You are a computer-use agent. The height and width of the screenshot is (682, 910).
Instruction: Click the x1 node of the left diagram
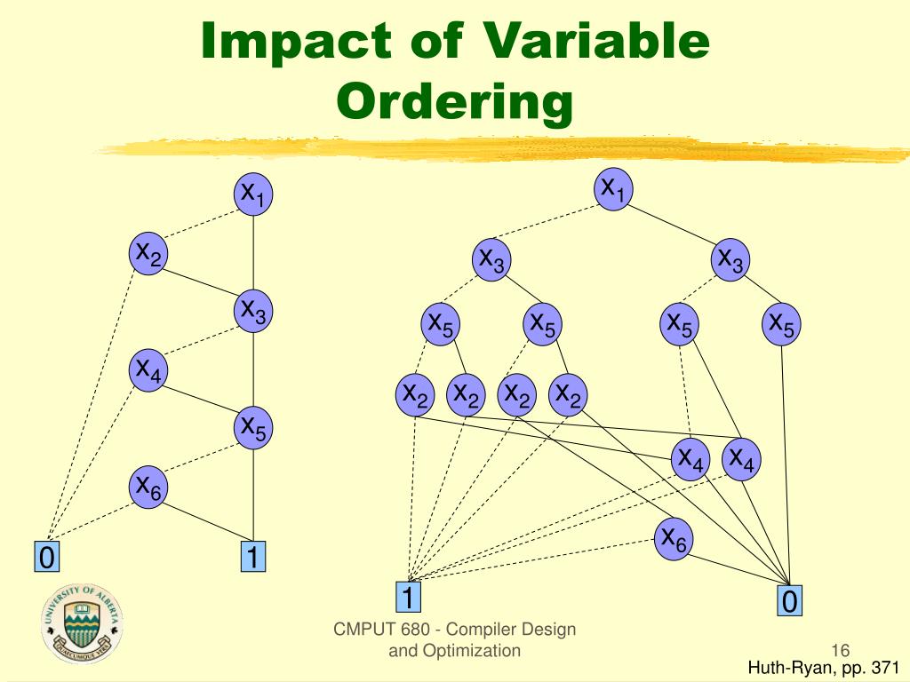tap(254, 194)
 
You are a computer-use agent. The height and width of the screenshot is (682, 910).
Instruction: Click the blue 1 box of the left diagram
tap(253, 557)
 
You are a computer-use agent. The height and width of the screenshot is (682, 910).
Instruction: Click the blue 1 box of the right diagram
tap(408, 597)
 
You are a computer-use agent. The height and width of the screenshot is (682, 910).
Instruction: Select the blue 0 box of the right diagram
tap(788, 601)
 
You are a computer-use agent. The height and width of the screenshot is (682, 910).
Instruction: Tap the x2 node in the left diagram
tap(148, 254)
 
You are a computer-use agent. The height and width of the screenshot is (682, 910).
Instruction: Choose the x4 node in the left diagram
tap(148, 369)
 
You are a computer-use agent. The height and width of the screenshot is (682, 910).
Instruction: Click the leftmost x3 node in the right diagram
tap(491, 259)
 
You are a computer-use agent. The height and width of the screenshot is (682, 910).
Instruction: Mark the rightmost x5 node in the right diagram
tap(782, 324)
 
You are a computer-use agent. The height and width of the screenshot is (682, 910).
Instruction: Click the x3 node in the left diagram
tap(254, 311)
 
